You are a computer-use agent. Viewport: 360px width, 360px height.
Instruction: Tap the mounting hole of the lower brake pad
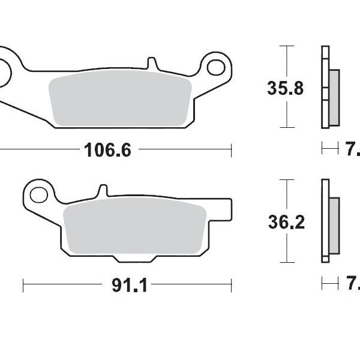coord(38,195)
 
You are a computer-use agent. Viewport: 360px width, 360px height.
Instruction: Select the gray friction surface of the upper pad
coord(119,100)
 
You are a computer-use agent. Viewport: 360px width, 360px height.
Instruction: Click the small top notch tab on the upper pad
coord(152,62)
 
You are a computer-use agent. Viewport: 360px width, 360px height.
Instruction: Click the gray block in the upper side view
coord(334,97)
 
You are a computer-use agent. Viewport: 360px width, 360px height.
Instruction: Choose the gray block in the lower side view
coord(334,226)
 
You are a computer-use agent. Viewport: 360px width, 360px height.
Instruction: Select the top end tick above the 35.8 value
coord(288,46)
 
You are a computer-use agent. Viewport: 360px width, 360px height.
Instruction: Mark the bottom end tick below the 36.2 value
coord(288,262)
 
